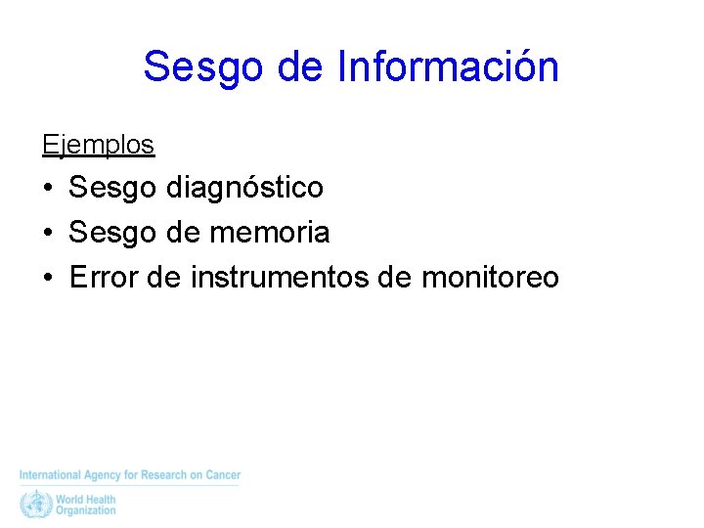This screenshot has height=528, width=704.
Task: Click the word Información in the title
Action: click(x=448, y=67)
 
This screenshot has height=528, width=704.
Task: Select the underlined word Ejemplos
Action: click(x=98, y=145)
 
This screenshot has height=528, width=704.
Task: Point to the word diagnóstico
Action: click(x=245, y=186)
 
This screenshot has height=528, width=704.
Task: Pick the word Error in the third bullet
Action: click(x=103, y=278)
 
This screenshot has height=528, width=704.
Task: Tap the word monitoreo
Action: click(x=490, y=278)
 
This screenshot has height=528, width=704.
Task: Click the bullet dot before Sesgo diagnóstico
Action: click(x=47, y=187)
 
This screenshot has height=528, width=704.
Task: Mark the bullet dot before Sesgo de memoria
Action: click(x=47, y=233)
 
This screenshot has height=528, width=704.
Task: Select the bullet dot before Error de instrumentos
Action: click(x=47, y=279)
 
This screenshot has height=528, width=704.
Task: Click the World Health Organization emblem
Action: click(x=35, y=504)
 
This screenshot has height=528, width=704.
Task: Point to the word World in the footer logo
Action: click(x=70, y=499)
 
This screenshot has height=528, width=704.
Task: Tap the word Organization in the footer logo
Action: click(x=85, y=510)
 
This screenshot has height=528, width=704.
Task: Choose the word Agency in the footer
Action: click(x=103, y=475)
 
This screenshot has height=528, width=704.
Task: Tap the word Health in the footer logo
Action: click(x=101, y=499)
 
